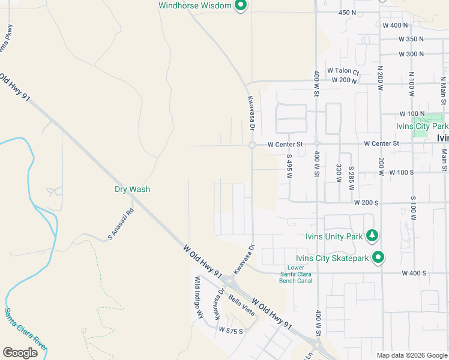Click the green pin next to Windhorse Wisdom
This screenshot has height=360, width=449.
[x=241, y=6]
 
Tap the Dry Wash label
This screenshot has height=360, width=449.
[x=132, y=189]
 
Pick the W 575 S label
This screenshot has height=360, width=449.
[x=231, y=331]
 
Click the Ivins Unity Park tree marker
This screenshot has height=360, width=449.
[x=373, y=236]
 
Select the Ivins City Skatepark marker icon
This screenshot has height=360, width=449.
[x=378, y=258]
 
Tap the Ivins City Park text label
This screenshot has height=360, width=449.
[x=422, y=127]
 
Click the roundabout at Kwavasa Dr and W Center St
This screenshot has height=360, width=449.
[x=252, y=145]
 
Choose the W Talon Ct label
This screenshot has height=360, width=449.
[x=343, y=71]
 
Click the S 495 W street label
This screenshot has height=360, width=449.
[x=289, y=170]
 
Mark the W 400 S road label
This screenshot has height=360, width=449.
[x=412, y=273]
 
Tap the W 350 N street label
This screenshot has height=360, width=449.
[x=411, y=39]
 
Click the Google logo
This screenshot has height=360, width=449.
[x=20, y=353]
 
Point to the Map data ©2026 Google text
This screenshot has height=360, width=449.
[x=412, y=355]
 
